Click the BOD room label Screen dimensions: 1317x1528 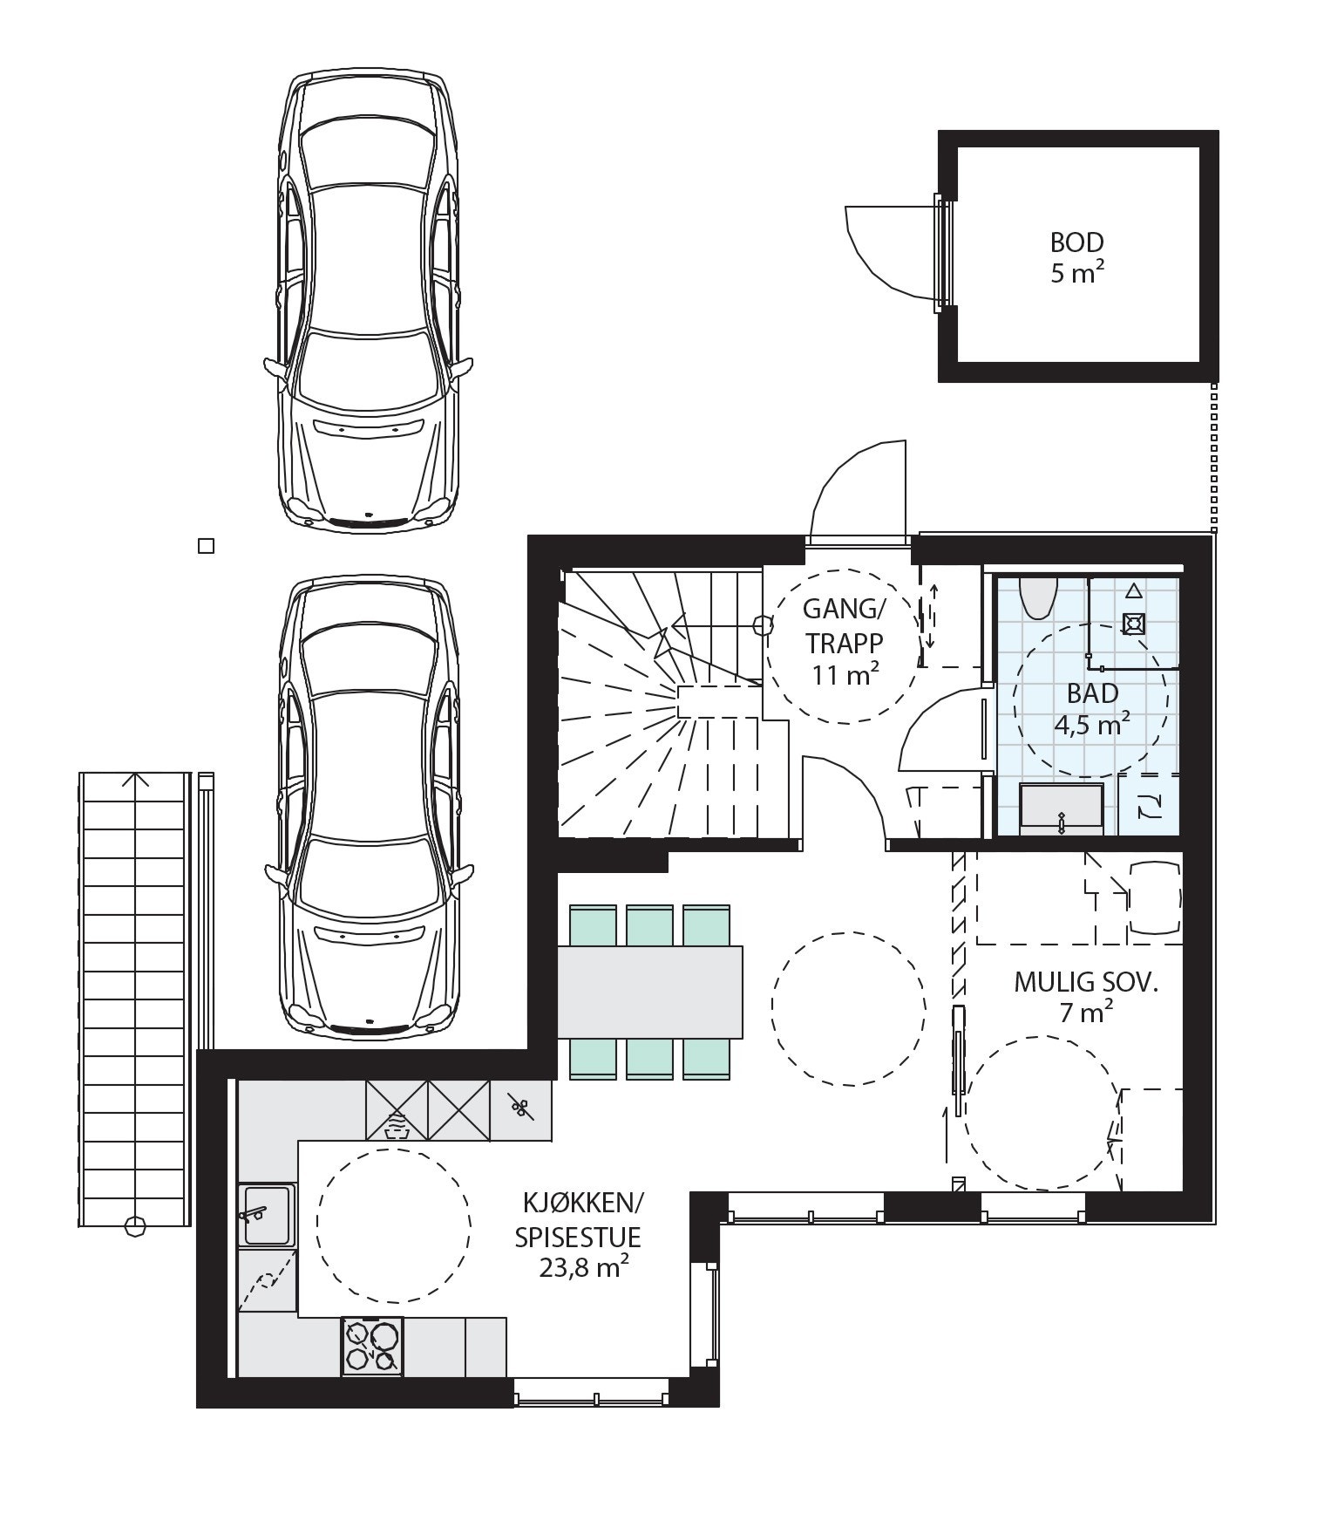[x=1076, y=242]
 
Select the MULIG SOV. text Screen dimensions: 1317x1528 [x=1086, y=983]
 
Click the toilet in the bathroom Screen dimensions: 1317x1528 [x=1037, y=597]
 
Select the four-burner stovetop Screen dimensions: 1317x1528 [x=373, y=1345]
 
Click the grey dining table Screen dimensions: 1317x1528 [x=649, y=993]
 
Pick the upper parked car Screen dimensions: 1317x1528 [x=369, y=301]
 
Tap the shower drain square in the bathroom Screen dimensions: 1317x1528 [x=1133, y=624]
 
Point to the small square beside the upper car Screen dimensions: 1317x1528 [x=207, y=546]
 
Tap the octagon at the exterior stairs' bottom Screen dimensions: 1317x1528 [x=134, y=1226]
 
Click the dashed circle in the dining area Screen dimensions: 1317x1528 [x=849, y=1009]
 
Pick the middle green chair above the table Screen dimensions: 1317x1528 [x=649, y=926]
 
